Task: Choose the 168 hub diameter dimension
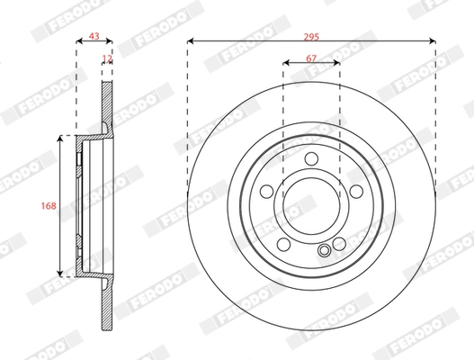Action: pyautogui.click(x=49, y=205)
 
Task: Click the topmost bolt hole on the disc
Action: pyautogui.click(x=311, y=160)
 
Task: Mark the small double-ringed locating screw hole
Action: pyautogui.click(x=324, y=251)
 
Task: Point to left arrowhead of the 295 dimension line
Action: pyautogui.click(x=191, y=41)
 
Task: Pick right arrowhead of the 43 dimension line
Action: pyautogui.click(x=112, y=41)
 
